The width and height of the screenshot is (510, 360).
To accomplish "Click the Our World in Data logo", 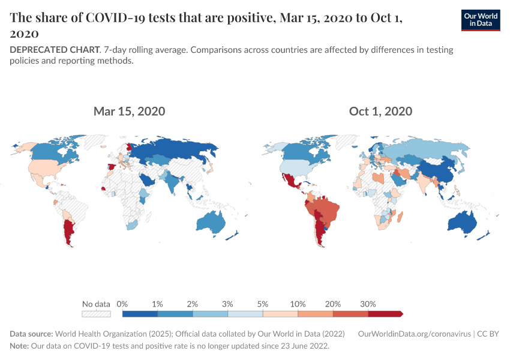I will pyautogui.click(x=481, y=20).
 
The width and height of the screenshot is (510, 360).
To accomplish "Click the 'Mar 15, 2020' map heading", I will pyautogui.click(x=129, y=111).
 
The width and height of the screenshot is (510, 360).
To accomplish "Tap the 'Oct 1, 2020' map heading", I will pyautogui.click(x=380, y=111).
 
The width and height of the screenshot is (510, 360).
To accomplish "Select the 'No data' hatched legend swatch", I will pyautogui.click(x=97, y=313).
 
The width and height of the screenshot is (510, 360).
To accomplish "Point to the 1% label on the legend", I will pyautogui.click(x=157, y=304).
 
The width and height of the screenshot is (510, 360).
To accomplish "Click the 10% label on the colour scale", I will pyautogui.click(x=298, y=304).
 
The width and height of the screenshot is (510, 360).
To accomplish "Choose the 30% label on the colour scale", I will pyautogui.click(x=368, y=304).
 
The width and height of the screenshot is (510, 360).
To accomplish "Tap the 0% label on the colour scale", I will pyautogui.click(x=122, y=304).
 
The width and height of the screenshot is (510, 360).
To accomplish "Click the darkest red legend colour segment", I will pyautogui.click(x=385, y=313).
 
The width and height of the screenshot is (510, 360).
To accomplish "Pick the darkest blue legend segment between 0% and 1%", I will pyautogui.click(x=140, y=313).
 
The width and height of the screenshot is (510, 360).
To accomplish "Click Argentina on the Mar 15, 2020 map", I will pyautogui.click(x=69, y=230).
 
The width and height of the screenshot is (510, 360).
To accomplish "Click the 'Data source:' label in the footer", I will pyautogui.click(x=32, y=334).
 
